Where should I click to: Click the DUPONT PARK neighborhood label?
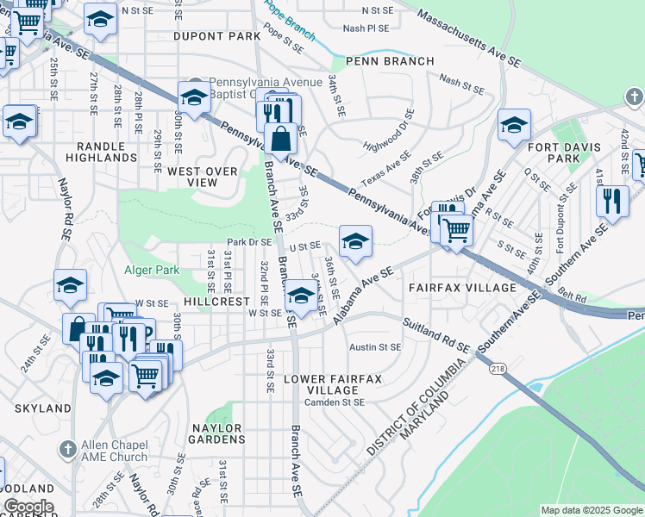216,37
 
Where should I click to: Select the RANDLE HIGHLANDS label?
101,152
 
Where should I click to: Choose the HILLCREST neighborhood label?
216,302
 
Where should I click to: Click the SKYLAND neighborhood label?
42,408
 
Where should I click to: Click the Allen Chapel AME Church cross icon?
67,449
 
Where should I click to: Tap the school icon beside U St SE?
355,242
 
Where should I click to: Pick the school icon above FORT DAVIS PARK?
513,127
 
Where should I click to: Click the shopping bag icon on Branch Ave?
281,139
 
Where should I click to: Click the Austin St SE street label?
375,347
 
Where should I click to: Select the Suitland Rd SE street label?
435,335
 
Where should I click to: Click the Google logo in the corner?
28,507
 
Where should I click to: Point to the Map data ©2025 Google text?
591,510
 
